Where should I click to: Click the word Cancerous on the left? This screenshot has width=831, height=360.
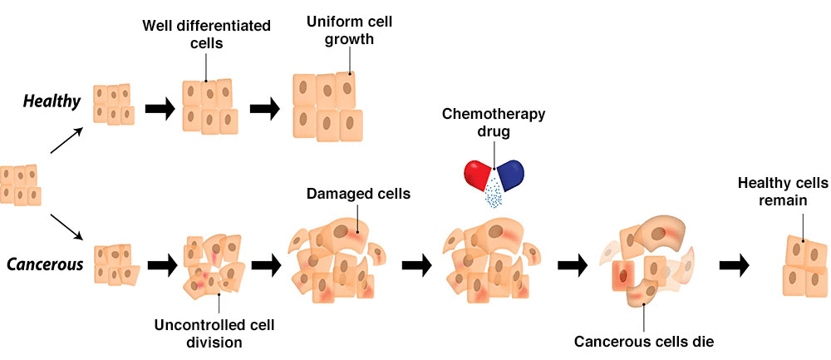(45, 265)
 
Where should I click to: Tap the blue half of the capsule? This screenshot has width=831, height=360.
(510, 172)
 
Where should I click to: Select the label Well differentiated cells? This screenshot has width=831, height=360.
(204, 34)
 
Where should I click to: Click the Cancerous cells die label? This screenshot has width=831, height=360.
(643, 340)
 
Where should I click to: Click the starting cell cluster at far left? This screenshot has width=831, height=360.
(20, 184)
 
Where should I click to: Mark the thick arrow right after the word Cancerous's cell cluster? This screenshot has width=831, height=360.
(161, 266)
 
